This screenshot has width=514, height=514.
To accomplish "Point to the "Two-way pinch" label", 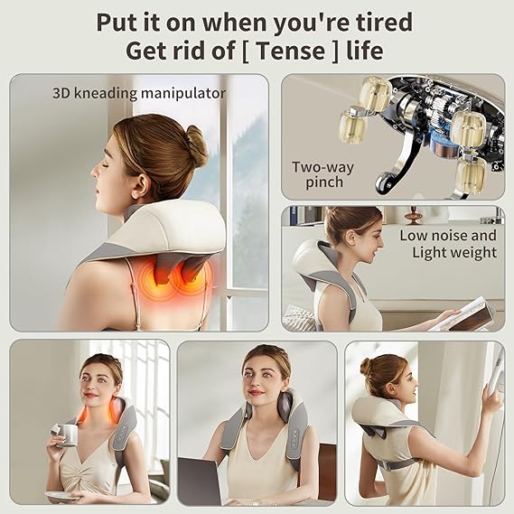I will click(x=322, y=174).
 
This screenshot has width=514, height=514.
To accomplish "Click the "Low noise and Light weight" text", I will click(x=448, y=244).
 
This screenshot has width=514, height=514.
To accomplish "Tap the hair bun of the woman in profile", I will click(x=195, y=145).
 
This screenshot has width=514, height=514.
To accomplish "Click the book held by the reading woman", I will click(x=463, y=314).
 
